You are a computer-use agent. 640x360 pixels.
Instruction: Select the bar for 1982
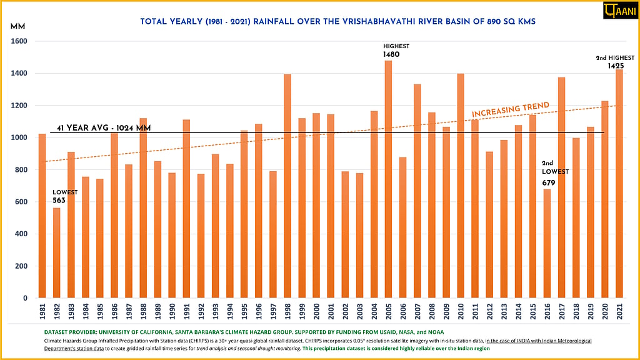pos(57,252)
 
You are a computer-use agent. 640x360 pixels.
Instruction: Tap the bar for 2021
pos(619,184)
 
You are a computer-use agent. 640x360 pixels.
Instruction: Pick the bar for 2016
pos(547,243)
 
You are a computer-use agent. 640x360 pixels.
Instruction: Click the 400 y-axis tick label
pos(22,234)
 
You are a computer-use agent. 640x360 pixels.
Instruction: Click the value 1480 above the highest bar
pos(391,55)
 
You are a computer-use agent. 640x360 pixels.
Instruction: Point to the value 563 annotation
pos(59,201)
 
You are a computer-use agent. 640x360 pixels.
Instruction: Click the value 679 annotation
pos(549,182)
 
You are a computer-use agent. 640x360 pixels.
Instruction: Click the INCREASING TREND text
pos(510,109)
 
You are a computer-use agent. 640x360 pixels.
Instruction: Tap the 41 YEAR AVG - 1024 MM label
pos(103,128)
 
